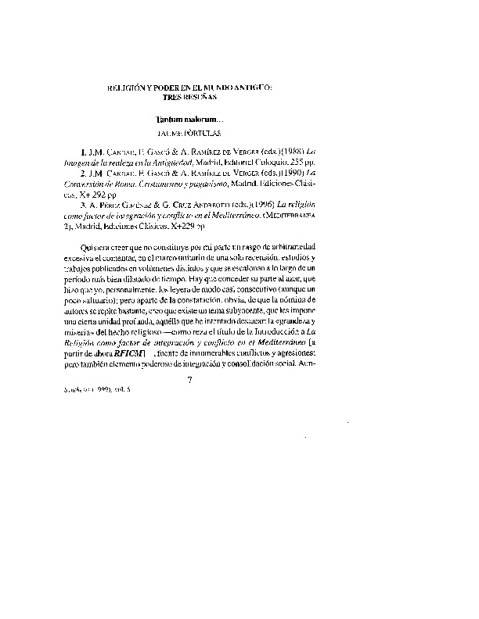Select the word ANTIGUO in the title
coord(248,91)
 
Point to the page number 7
coord(189,380)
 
